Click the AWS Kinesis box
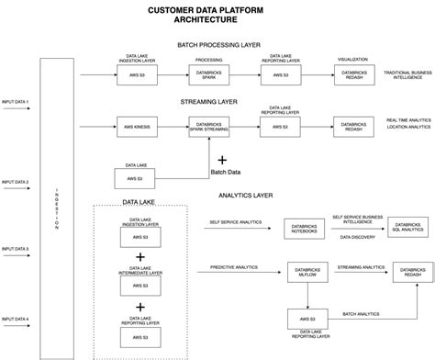pyautogui.click(x=132, y=127)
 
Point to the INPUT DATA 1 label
pyautogui.click(x=16, y=101)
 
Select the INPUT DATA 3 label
pyautogui.click(x=16, y=249)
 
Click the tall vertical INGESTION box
pyautogui.click(x=58, y=207)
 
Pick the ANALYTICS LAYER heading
pyautogui.click(x=245, y=195)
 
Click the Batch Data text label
pyautogui.click(x=226, y=171)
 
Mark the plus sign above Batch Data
pyautogui.click(x=221, y=159)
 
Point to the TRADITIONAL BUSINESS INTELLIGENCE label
pyautogui.click(x=408, y=74)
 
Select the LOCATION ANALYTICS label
pyautogui.click(x=408, y=128)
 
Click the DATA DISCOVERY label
pyautogui.click(x=357, y=237)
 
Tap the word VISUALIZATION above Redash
pyautogui.click(x=352, y=58)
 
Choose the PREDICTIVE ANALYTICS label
pyautogui.click(x=234, y=267)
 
